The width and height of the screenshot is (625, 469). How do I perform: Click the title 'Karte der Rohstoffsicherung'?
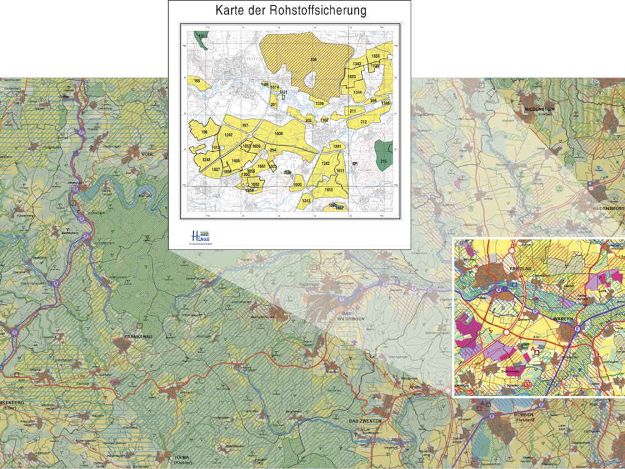pyautogui.click(x=290, y=11)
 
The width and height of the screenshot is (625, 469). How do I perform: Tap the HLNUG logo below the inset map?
pyautogui.click(x=201, y=236)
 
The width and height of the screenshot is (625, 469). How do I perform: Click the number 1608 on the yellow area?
pyautogui.click(x=279, y=134)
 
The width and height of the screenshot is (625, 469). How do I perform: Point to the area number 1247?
pyautogui.click(x=228, y=135)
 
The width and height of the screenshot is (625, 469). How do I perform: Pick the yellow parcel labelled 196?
pyautogui.click(x=204, y=132)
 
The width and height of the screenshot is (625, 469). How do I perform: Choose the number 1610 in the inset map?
pyautogui.click(x=328, y=189)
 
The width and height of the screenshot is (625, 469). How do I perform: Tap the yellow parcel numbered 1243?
pyautogui.click(x=306, y=200)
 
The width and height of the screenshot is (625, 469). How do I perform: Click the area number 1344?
pyautogui.click(x=357, y=92)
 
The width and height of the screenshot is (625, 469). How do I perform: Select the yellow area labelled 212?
pyautogui.click(x=364, y=121)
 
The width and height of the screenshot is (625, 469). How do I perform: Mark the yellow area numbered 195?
pyautogui.click(x=197, y=81)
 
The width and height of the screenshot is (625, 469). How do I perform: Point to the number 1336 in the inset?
pyautogui.click(x=319, y=103)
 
